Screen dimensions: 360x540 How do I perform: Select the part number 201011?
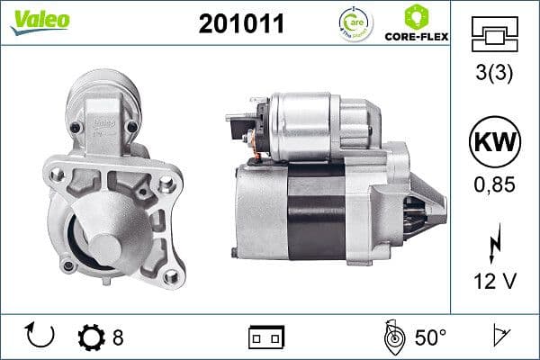[x=240, y=24]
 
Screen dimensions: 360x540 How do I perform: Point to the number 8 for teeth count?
[x=118, y=337]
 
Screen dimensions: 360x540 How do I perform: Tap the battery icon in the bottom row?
[x=266, y=337]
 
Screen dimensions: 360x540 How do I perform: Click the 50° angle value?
[x=430, y=337]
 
